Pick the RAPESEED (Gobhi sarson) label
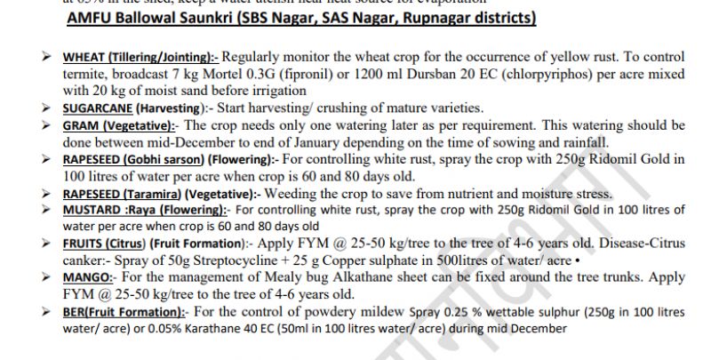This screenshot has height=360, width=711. point(145,159)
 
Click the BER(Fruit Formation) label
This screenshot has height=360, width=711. point(124,311)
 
